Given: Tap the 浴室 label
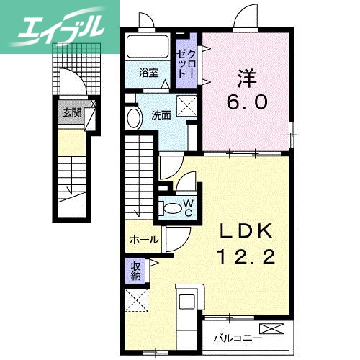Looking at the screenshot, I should [x=149, y=72].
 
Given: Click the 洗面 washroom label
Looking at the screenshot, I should [x=161, y=115].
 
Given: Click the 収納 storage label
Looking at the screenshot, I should [x=135, y=271].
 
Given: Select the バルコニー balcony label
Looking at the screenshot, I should [x=237, y=336].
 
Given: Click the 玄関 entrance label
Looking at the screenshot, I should [x=71, y=112].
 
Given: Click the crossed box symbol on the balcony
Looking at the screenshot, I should [x=273, y=330].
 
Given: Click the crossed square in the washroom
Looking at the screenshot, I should [x=189, y=107].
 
